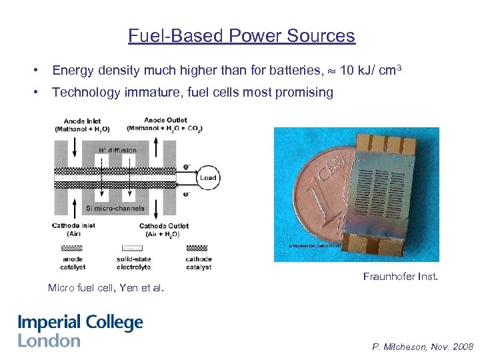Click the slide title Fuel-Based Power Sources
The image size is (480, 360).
click(241, 35)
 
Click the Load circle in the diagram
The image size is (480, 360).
click(208, 177)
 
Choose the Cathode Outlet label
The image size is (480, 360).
click(164, 230)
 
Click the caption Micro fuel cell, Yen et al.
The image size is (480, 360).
click(105, 288)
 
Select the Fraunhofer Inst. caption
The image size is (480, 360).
click(400, 276)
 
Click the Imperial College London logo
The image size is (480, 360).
click(80, 331)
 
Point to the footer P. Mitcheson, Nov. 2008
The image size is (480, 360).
click(423, 347)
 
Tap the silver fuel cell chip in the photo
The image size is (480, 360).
click(383, 191)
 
